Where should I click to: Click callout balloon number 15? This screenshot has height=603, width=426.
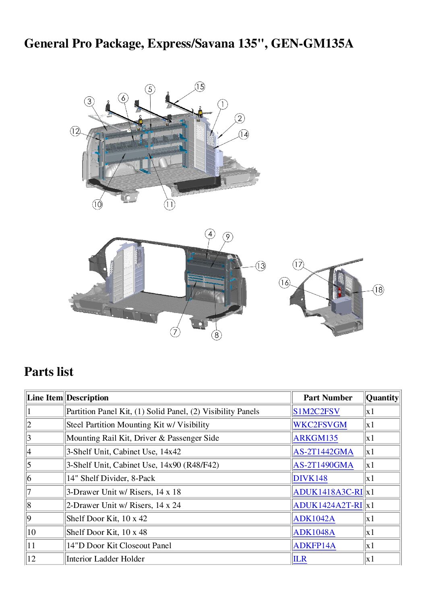200,87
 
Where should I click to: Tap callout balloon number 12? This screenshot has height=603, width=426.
75,131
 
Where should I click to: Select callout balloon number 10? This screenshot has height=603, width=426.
97,205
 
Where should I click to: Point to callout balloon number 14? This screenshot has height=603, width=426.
244,134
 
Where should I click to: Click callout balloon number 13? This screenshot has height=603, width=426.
261,266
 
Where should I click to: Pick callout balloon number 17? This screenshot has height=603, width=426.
298,264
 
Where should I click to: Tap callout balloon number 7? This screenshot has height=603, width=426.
175,332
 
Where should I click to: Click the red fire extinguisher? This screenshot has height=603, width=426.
339,292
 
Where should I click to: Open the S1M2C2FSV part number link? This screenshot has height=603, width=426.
316,411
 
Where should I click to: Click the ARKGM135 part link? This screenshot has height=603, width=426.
315,438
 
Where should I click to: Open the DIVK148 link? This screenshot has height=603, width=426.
310,479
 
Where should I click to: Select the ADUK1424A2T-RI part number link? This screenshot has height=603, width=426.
328,505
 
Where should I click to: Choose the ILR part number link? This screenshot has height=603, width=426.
300,559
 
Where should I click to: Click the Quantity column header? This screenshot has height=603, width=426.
382,398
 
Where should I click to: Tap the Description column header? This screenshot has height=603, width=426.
87,398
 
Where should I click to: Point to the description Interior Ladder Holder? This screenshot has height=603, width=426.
105,559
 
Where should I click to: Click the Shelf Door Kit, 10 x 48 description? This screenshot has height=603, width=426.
107,532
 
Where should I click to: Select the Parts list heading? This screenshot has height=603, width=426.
49,372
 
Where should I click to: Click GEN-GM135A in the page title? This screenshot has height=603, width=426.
312,44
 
